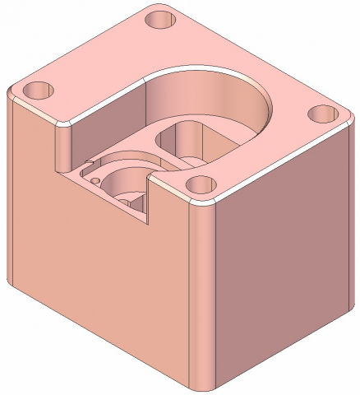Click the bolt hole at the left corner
[37, 88]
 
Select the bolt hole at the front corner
[198, 187]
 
